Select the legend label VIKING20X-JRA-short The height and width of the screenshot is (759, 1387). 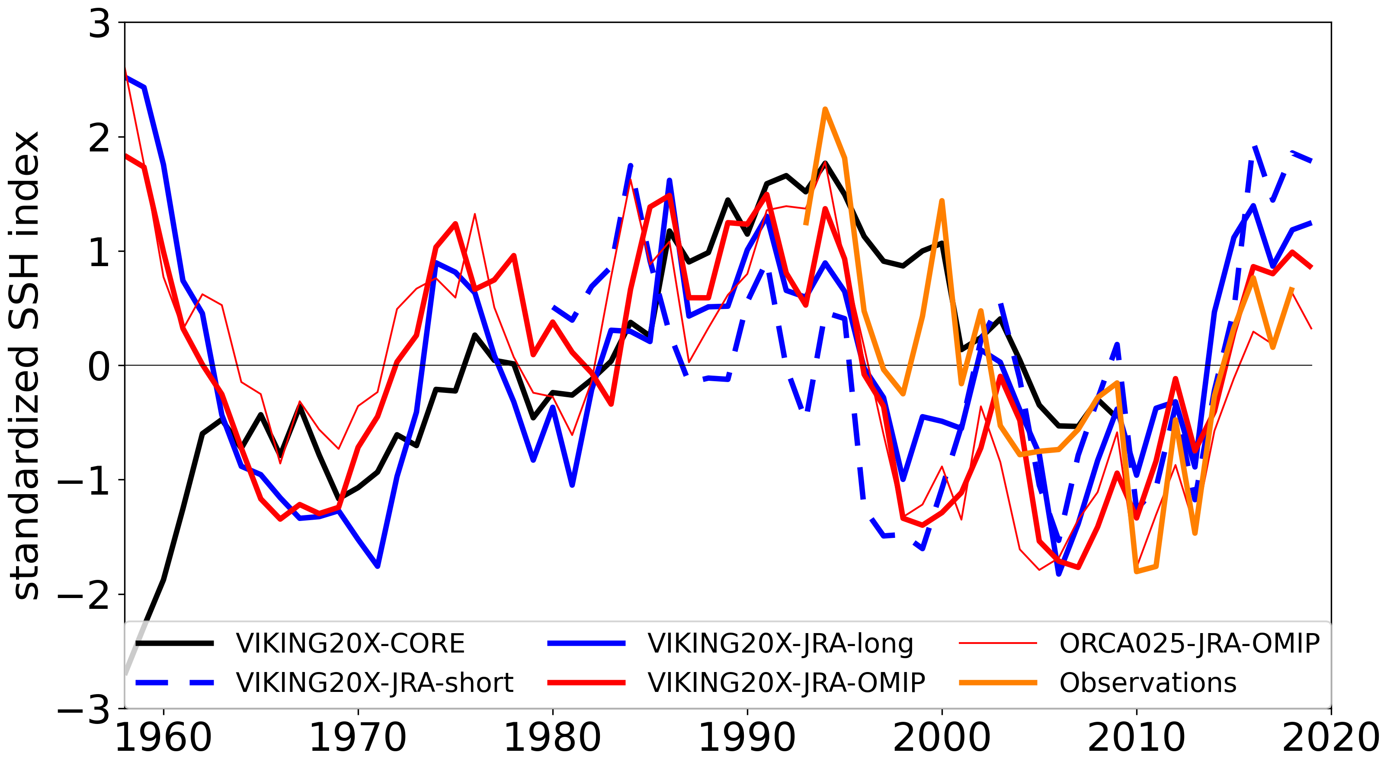[375, 682]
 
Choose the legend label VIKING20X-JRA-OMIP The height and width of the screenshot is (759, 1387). [786, 682]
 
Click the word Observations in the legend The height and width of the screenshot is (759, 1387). [1148, 682]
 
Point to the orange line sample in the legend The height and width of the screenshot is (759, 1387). [998, 682]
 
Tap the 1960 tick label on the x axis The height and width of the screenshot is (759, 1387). [163, 737]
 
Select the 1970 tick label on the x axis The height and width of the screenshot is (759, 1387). [358, 737]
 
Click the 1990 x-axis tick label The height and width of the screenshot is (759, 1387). [747, 737]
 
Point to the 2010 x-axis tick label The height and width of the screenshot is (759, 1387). [1137, 737]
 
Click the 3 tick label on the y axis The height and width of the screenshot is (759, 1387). [99, 24]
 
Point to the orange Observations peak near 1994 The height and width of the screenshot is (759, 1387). [825, 109]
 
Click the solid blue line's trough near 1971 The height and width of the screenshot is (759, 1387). [378, 566]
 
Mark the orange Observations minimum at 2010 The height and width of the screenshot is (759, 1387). [1137, 571]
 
